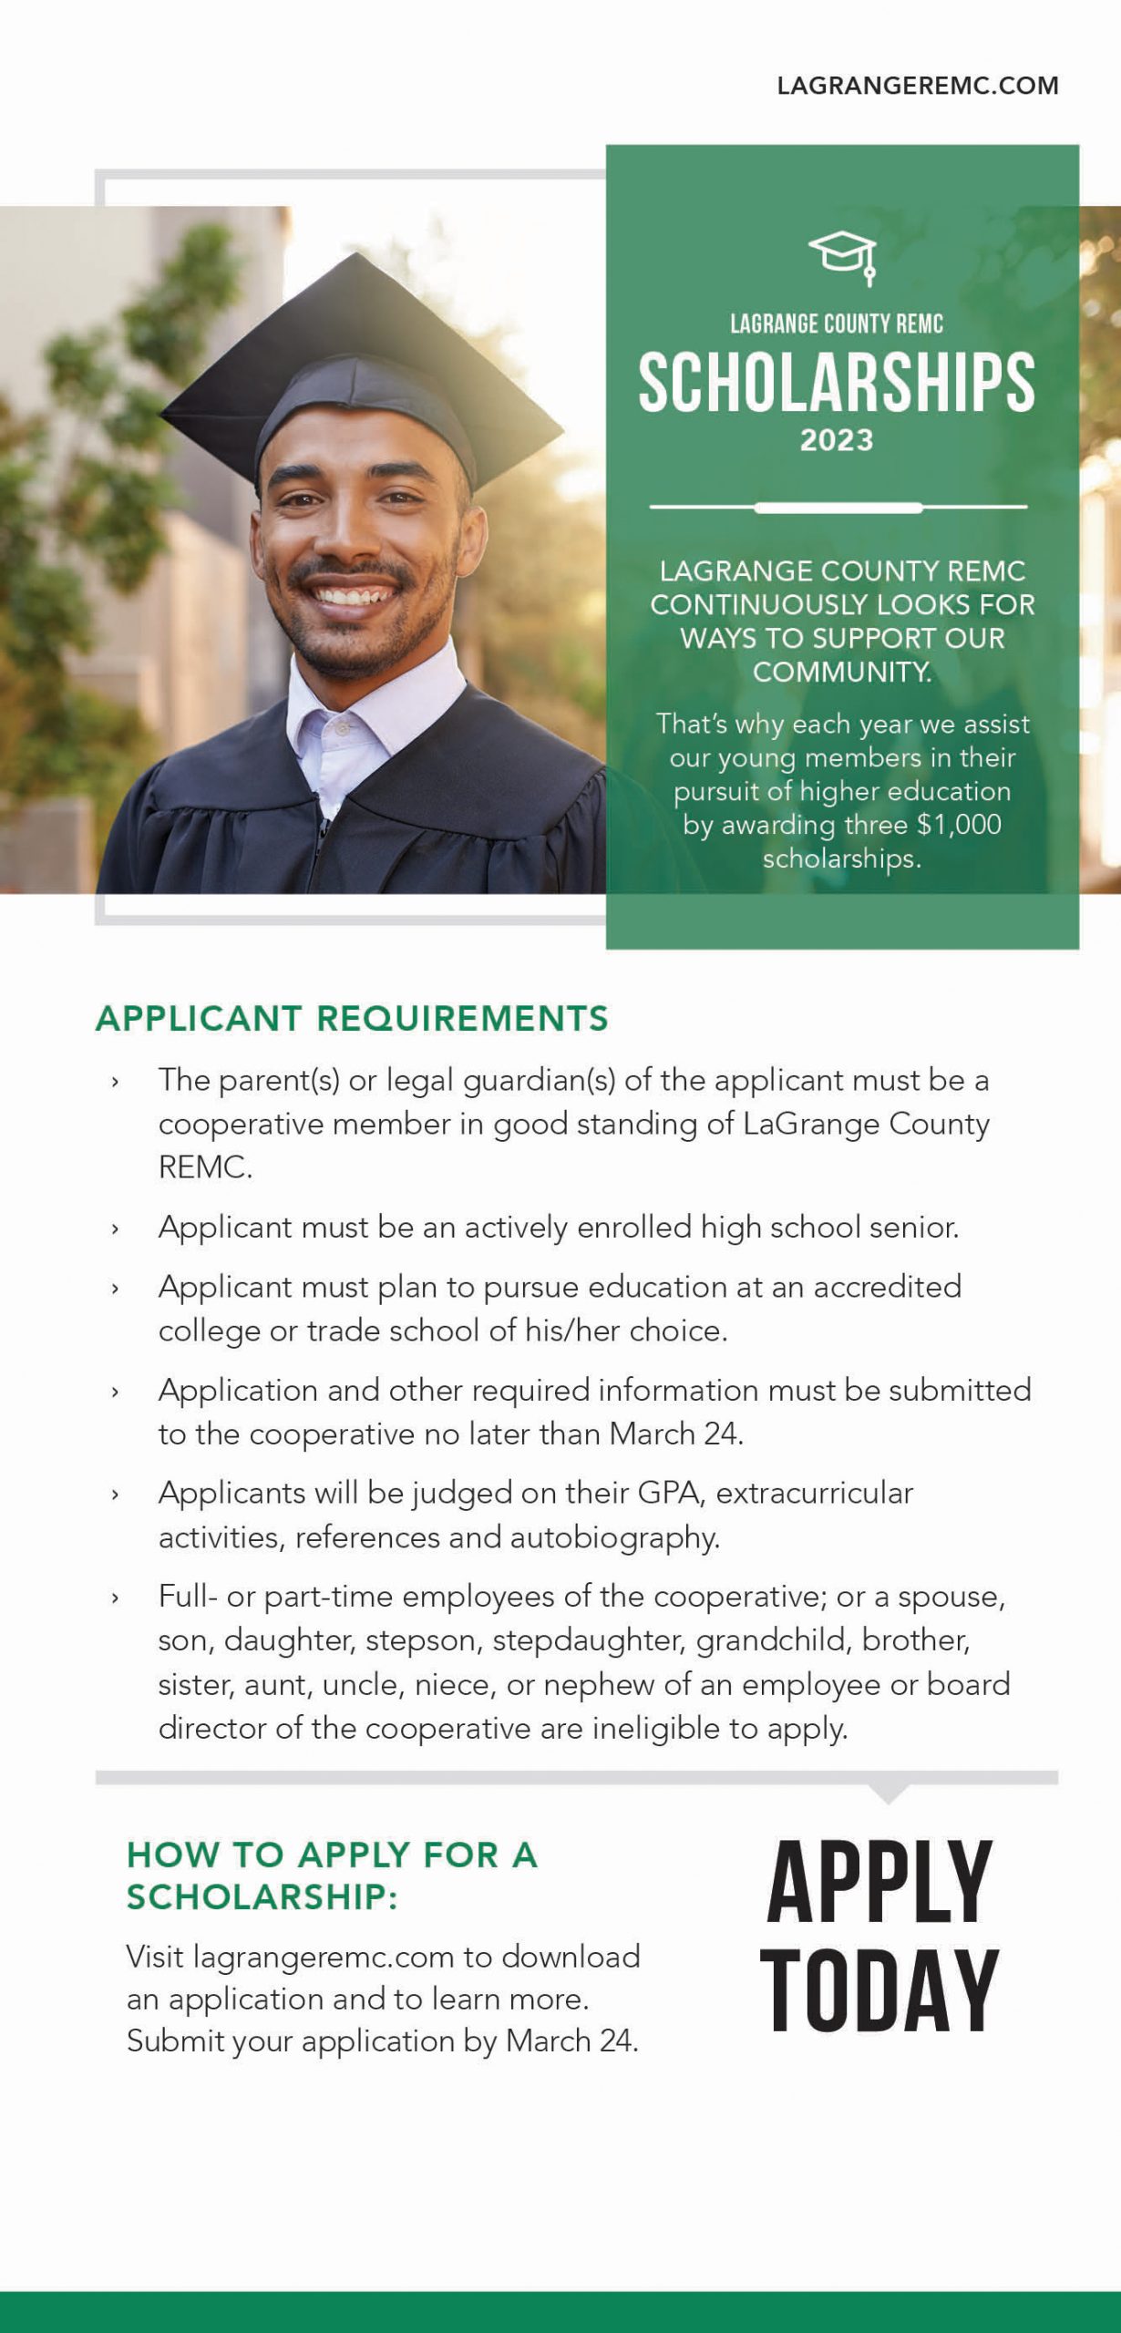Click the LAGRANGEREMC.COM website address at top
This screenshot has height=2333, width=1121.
[x=917, y=86]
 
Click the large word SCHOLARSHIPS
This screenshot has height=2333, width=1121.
[x=836, y=383]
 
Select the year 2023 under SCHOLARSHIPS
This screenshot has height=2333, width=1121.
[x=837, y=440]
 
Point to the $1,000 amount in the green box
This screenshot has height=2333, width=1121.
[x=959, y=824]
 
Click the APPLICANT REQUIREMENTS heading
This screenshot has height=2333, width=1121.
[x=352, y=1018]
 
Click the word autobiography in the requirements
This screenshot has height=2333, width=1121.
[x=614, y=1536]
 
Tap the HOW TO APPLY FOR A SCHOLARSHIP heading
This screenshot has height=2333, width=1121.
[x=332, y=1876]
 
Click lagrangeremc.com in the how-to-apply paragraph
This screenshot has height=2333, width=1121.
[x=324, y=1956]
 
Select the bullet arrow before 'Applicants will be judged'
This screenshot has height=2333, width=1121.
[x=115, y=1495]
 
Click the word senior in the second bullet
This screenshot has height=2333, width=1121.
[x=911, y=1227]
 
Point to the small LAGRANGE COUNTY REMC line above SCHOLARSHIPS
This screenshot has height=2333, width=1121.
[x=836, y=324]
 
